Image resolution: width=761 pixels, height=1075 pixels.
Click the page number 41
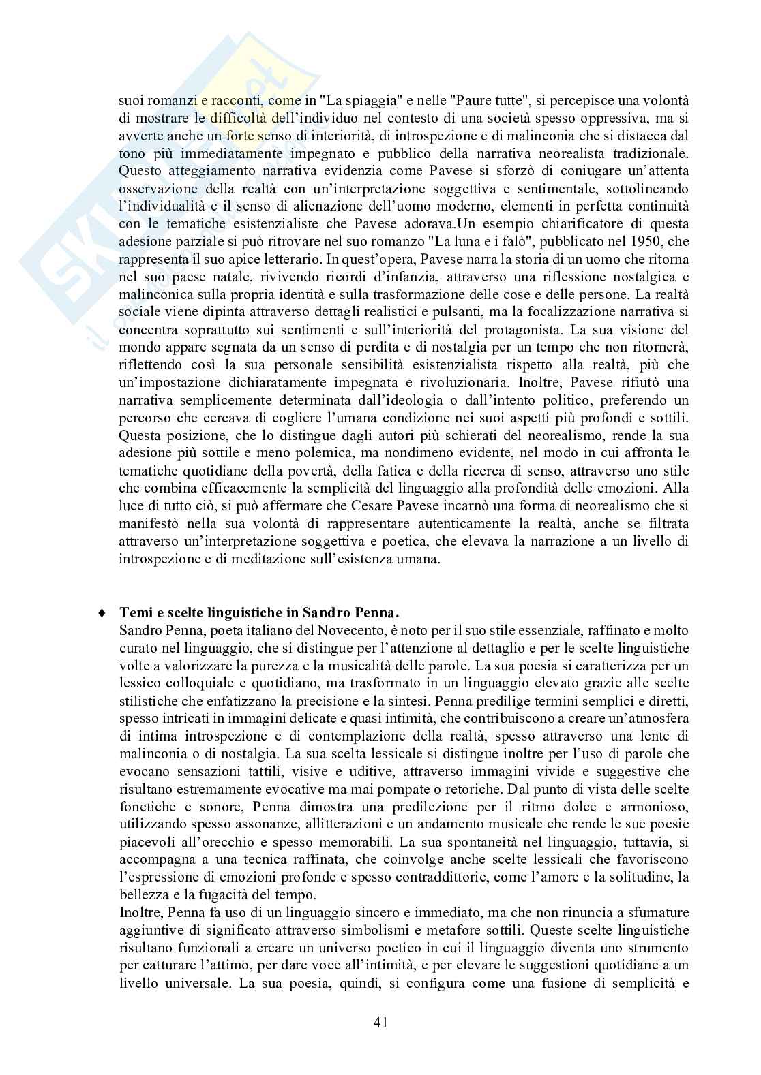[380, 1021]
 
